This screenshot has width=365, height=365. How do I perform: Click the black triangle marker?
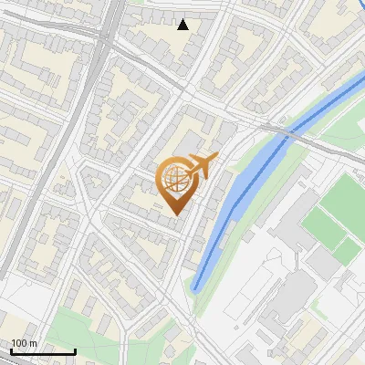tap(183, 25)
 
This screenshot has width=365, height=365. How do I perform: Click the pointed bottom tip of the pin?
tap(175, 214)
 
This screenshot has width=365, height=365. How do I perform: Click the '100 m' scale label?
tap(25, 343)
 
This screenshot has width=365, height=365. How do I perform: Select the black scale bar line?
tap(42, 351)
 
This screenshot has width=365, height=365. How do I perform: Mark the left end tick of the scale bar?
tap(10, 349)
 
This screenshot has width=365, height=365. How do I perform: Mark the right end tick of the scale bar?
tap(75, 349)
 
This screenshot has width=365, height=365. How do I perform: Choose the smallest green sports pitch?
tap(347, 245)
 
